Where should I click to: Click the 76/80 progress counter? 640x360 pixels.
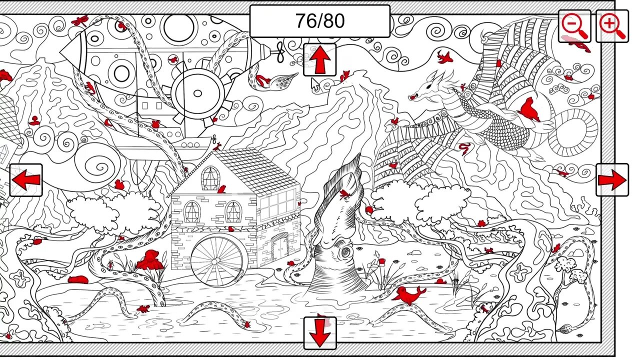(x=319, y=21)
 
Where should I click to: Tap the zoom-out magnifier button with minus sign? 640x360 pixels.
(x=574, y=26)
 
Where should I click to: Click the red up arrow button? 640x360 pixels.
(x=319, y=59)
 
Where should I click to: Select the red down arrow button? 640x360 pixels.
(x=319, y=333)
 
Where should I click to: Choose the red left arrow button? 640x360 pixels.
(x=26, y=180)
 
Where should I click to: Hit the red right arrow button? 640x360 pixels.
(x=612, y=179)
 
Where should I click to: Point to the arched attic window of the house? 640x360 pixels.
(x=211, y=178)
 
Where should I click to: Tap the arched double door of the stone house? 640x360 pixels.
(x=280, y=245)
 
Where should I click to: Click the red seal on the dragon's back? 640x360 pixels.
(x=529, y=109)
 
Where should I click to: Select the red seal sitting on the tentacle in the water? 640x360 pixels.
(x=408, y=295)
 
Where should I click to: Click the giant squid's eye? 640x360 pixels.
(x=347, y=252)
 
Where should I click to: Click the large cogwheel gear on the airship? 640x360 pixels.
(x=198, y=93)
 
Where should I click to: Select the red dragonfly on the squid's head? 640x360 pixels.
(x=345, y=194)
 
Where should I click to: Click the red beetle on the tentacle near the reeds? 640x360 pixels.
(x=110, y=264)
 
